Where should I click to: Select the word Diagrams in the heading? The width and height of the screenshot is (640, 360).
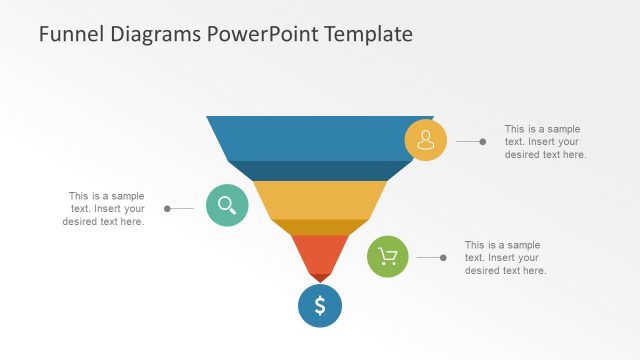tap(155, 34)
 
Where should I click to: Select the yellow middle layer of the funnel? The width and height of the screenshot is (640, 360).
tap(320, 199)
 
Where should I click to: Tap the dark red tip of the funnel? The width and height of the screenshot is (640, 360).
tap(320, 277)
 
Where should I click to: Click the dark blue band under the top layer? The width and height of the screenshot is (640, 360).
tap(320, 170)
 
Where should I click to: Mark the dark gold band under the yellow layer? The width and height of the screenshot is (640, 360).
tap(320, 227)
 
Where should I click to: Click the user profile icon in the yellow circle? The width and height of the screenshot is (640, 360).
tap(425, 140)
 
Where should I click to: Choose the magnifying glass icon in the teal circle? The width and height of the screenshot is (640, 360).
tap(227, 206)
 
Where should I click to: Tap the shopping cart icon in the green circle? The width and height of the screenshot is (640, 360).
tap(389, 257)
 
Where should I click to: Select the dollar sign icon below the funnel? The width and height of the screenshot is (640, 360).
tap(320, 306)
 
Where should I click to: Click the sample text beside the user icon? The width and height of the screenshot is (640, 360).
tap(544, 142)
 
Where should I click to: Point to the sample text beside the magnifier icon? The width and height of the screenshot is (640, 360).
tap(105, 209)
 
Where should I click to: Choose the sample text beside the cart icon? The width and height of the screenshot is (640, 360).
tap(505, 258)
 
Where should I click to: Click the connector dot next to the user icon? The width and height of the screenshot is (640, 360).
tap(483, 142)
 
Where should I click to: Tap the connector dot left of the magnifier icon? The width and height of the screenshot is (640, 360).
tap(167, 209)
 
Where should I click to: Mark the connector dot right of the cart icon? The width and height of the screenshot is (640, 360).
tap(443, 258)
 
